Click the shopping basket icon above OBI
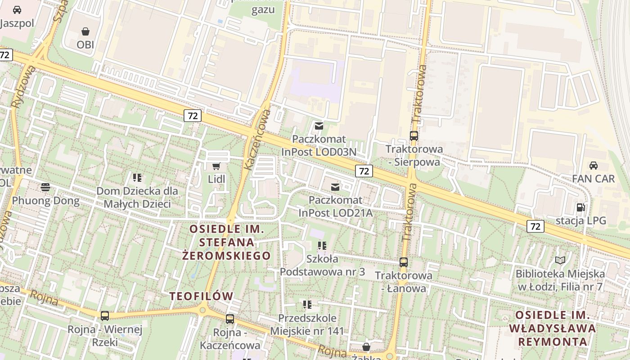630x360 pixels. tap(85, 31)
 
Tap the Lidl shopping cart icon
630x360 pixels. tap(216, 166)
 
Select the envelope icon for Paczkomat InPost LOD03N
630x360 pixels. tap(319, 126)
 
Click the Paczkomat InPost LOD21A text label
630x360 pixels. tap(335, 206)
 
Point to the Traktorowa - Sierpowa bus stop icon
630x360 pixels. tap(414, 135)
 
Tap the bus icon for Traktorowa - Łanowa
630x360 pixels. tap(404, 262)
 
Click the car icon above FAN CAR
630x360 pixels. tap(594, 166)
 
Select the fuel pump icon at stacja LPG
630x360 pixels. tap(580, 207)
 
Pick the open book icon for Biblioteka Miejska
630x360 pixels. tap(560, 260)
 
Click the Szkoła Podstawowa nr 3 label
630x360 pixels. tap(322, 265)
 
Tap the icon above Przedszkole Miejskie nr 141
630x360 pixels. tap(307, 305)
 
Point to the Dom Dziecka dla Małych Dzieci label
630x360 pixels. tap(137, 198)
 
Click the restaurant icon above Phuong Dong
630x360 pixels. tap(45, 187)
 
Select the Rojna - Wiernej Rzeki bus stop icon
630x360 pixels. tap(105, 315)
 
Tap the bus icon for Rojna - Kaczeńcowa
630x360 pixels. tap(230, 319)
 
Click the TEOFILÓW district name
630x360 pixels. tap(202, 296)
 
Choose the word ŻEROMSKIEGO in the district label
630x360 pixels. tap(227, 256)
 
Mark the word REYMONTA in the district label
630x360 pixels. tap(553, 342)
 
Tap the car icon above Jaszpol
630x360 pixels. tap(17, 10)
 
